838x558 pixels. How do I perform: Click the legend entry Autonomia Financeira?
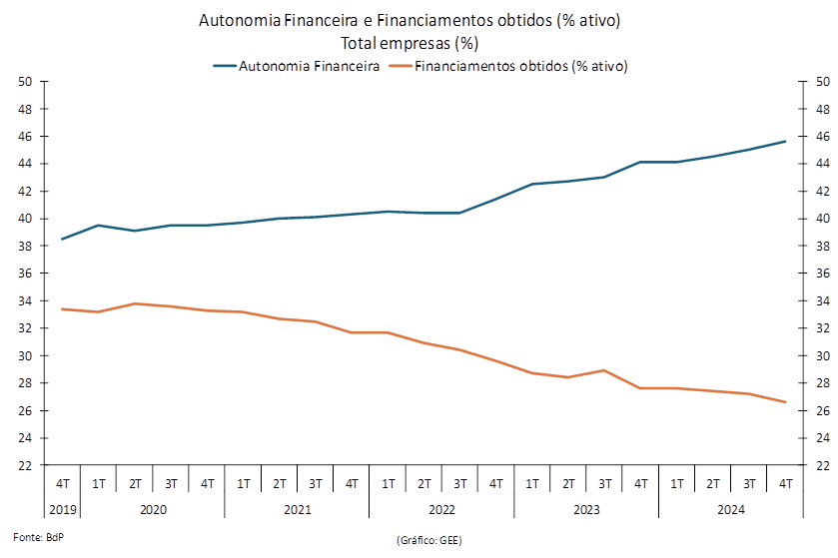pos(297,66)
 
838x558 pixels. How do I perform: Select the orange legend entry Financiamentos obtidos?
pos(508,66)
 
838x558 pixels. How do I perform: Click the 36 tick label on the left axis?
pos(25,274)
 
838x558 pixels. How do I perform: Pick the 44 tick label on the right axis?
pos(823,164)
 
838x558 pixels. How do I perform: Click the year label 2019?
pos(63,510)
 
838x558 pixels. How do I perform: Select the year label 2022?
pos(442,510)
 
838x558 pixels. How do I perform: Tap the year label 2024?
pos(731,510)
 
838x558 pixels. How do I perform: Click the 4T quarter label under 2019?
pos(63,484)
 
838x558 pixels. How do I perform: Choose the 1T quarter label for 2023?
pos(532,484)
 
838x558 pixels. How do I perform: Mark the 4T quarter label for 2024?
pos(786,484)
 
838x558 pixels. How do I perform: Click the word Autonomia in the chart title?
pos(240,20)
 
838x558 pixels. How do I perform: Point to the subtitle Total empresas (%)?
pos(410,43)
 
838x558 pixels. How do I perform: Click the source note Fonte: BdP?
pos(39,537)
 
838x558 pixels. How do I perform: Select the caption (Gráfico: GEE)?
pos(429,540)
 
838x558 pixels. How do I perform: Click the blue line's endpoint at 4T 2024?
pos(785,142)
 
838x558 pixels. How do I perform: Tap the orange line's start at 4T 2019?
pos(63,309)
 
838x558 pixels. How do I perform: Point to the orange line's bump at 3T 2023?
pos(604,370)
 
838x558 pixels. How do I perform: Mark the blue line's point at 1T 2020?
pos(99,226)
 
